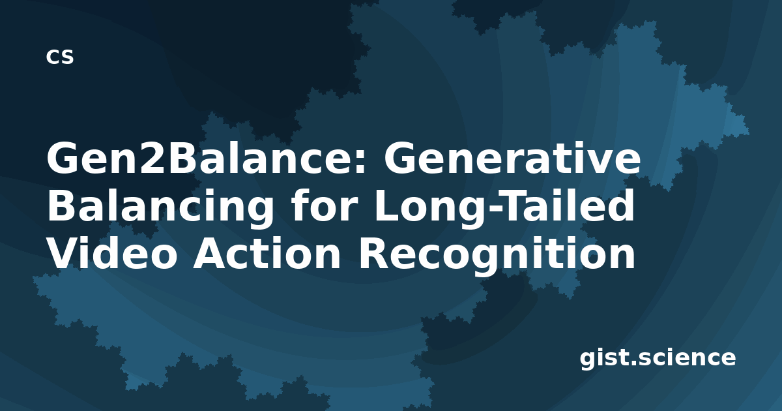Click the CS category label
click(x=60, y=57)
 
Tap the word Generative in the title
click(x=512, y=158)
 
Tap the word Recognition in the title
click(x=497, y=255)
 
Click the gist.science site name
click(x=658, y=358)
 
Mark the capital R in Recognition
click(x=374, y=252)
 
